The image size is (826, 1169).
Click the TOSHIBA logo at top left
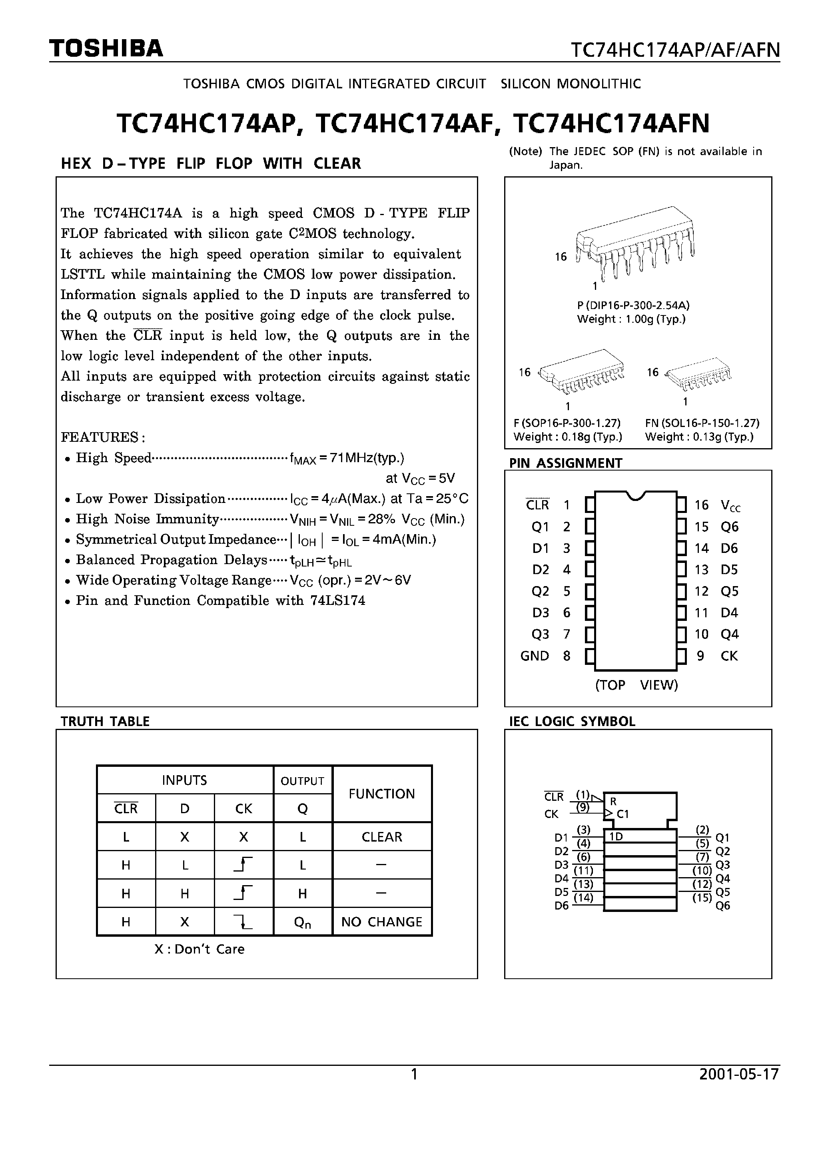point(106,48)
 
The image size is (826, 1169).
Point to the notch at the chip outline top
point(636,495)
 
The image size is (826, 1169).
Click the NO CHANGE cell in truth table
point(381,922)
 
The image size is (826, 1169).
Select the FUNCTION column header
point(381,794)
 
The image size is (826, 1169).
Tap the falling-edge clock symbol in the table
point(243,922)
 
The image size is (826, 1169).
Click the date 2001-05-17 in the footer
point(739,1074)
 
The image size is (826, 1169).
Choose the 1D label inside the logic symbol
point(616,836)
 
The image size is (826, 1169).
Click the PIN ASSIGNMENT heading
point(565,463)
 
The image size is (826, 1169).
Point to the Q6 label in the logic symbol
point(722,906)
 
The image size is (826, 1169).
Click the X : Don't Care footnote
point(199,949)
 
